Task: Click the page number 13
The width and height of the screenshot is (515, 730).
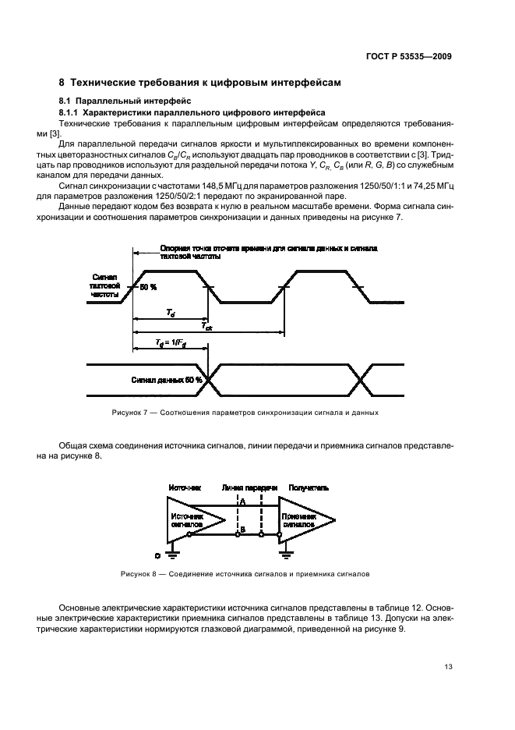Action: [447, 666]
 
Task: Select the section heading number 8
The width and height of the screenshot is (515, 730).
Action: [63, 83]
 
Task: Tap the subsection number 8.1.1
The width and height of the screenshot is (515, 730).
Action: [72, 112]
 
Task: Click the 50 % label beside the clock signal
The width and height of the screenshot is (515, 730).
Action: [147, 288]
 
